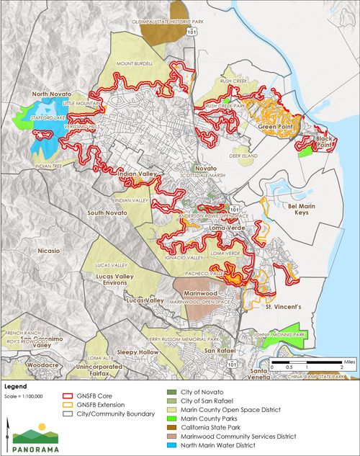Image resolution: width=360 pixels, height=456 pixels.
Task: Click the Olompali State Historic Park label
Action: tap(167, 22)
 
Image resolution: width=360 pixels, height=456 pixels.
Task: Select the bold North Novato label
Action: tap(52, 94)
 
